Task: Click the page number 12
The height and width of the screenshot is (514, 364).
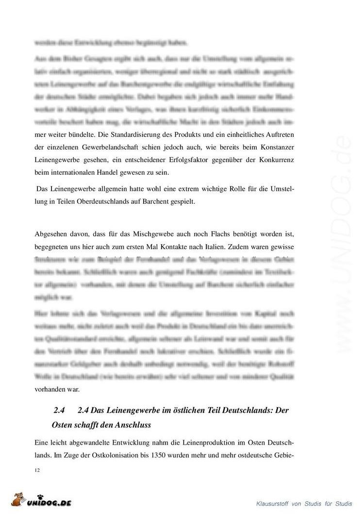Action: click(37, 470)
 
